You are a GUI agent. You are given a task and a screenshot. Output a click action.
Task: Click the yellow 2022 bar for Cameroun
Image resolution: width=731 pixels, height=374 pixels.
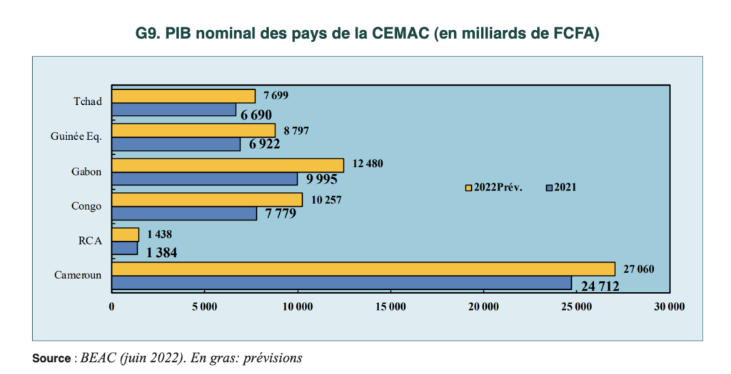click(363, 269)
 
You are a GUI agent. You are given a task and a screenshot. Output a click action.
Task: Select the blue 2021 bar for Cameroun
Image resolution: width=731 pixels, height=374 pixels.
click(342, 283)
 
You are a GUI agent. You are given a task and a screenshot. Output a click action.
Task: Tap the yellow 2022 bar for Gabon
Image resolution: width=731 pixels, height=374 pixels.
click(228, 165)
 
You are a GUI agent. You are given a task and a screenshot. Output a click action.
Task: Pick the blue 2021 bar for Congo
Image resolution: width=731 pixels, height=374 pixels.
click(184, 213)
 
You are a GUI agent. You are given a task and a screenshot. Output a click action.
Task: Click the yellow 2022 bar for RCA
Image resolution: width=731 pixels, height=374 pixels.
click(126, 235)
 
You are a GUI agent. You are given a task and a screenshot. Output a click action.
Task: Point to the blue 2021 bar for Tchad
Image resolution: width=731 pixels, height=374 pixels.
click(174, 110)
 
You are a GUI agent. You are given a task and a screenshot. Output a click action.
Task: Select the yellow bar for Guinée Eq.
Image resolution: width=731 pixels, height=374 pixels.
click(193, 130)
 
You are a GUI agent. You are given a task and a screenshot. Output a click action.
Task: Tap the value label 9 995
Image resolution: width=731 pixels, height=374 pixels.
click(322, 179)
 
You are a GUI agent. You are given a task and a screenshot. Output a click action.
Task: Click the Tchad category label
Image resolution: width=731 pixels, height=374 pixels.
click(88, 102)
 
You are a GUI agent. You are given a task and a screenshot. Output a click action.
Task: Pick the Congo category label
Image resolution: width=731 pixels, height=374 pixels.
click(86, 206)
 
